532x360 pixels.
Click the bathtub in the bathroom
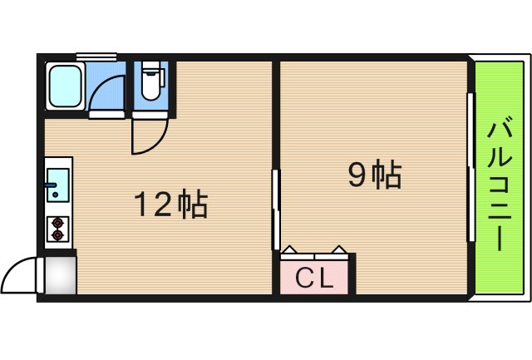[64, 85]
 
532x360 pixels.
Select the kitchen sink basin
[57, 180]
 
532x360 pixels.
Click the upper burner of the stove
[57, 222]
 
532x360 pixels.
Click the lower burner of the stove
[57, 235]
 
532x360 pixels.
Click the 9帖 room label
[374, 175]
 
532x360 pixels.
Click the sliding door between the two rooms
[276, 208]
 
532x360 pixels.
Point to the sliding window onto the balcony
[471, 166]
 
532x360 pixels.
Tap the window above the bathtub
[96, 57]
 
